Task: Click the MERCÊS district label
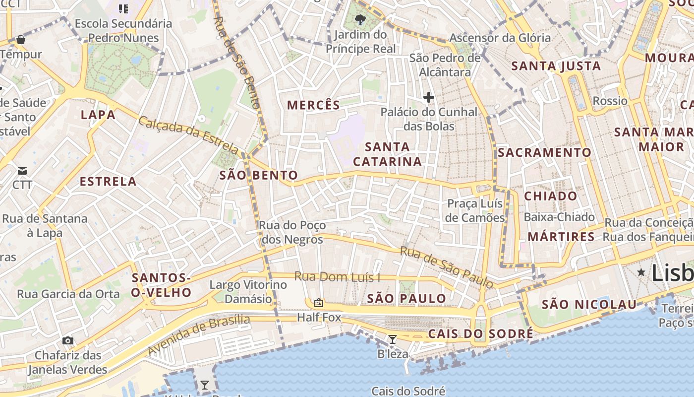314,105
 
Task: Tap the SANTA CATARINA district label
387,154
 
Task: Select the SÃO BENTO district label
258,175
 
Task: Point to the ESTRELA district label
108,181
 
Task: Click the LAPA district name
98,115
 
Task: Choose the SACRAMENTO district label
544,152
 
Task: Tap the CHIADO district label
551,196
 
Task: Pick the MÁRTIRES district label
561,237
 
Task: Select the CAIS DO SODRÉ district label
480,333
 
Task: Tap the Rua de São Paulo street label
447,267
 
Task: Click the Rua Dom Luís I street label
337,277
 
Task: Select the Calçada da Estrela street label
189,134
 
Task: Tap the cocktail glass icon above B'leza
393,339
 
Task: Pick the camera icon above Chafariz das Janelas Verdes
68,340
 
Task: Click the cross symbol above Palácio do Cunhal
429,97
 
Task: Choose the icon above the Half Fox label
319,302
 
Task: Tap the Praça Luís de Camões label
475,210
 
